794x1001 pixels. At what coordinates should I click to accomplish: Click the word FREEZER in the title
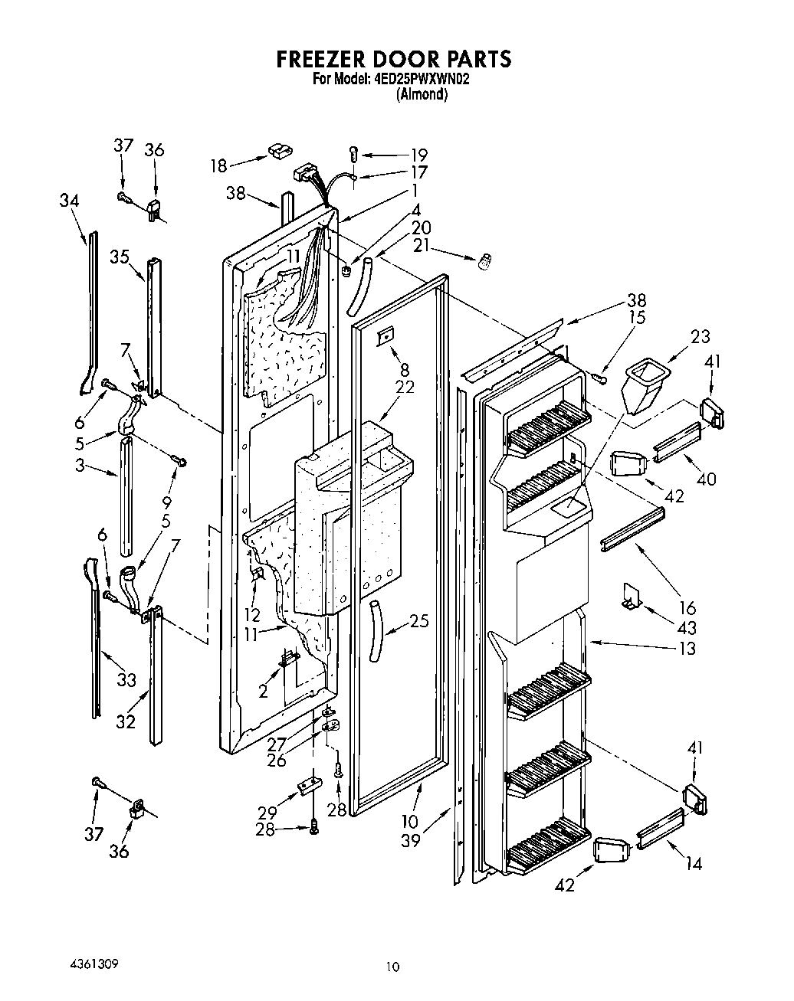tap(320, 59)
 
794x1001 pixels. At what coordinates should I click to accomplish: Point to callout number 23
tap(699, 336)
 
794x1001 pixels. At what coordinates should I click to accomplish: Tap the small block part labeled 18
tap(277, 151)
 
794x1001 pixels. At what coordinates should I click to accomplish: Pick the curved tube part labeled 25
tap(376, 630)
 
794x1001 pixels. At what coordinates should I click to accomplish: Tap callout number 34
tap(69, 201)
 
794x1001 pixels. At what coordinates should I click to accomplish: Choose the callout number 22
tap(404, 388)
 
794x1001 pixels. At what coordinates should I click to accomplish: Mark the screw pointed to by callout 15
tap(600, 378)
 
